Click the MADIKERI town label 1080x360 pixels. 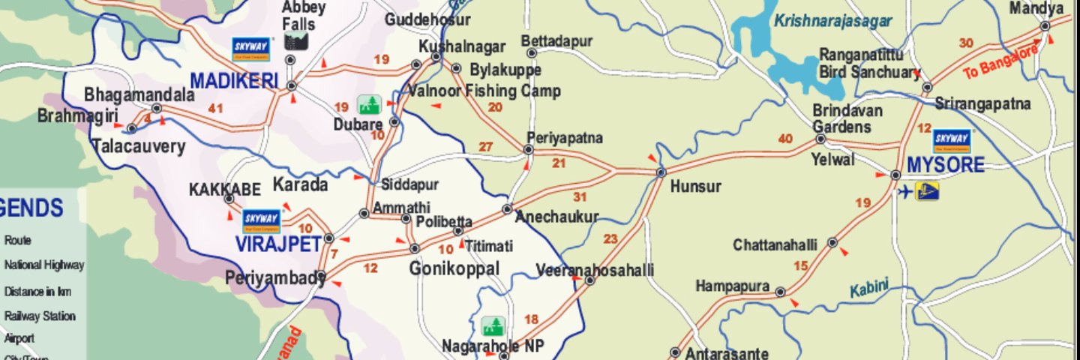point(234,80)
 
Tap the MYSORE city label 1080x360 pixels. point(945,165)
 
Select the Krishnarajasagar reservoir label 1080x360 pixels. point(832,21)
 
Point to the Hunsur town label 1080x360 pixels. point(695,187)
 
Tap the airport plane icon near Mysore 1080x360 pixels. point(906,192)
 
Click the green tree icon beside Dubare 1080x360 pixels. point(368,104)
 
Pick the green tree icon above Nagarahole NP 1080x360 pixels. point(493,326)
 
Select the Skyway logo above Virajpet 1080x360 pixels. point(261,220)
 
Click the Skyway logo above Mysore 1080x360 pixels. point(952,140)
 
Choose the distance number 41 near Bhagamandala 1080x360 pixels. point(216,109)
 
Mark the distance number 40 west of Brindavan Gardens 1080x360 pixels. point(785,139)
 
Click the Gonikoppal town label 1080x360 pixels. point(454,268)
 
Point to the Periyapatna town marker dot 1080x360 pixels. point(528,150)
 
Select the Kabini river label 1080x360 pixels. point(869,287)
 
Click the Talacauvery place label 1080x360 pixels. point(139,146)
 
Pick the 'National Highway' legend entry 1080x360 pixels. point(44,265)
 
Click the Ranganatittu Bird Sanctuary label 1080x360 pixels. point(868,64)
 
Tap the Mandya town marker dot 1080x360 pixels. point(1045,26)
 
